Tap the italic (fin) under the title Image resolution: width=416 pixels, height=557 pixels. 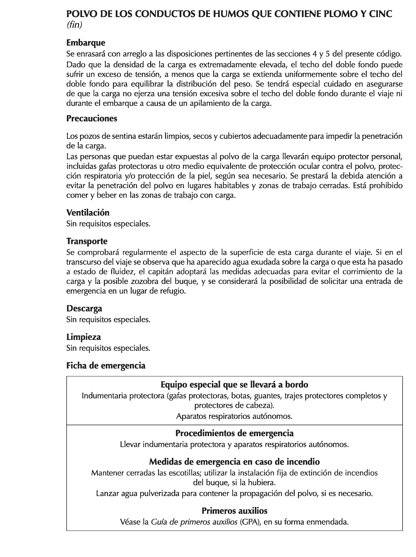point(74,25)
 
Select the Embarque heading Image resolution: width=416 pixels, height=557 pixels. point(86,43)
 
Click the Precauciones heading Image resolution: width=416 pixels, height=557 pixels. point(92,118)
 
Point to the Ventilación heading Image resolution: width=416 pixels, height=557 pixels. point(88,212)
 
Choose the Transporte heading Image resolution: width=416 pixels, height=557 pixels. point(87,241)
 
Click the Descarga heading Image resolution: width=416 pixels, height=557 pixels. point(84,308)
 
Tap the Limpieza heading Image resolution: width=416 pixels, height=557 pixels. point(84,337)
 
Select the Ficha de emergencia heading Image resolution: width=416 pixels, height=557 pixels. point(106,365)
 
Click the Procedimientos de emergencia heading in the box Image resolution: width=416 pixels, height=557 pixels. point(234,433)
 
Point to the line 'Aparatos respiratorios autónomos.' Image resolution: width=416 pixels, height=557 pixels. point(234,416)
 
